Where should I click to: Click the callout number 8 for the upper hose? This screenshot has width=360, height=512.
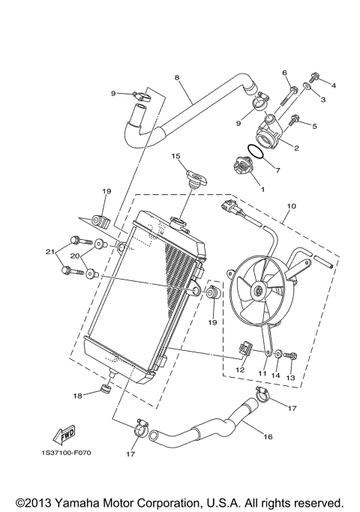(x=177, y=77)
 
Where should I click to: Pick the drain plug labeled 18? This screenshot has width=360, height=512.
(x=104, y=390)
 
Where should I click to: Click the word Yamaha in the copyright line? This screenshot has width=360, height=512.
(x=100, y=502)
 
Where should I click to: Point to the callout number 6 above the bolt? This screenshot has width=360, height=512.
(x=285, y=72)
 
